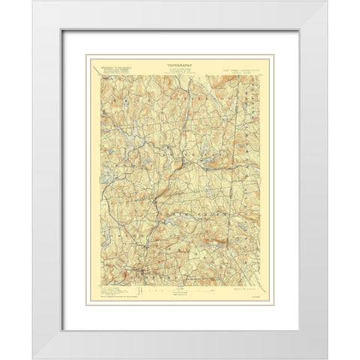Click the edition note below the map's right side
(238, 285)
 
